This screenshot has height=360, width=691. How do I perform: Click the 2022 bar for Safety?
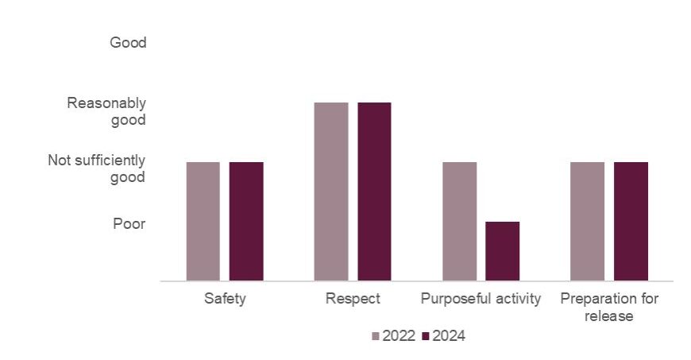(203, 221)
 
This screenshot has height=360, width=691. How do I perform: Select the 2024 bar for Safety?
(246, 221)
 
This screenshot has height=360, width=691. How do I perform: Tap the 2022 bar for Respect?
(330, 192)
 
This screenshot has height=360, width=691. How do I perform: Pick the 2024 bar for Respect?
(374, 192)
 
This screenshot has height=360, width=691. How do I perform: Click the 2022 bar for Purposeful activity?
(459, 221)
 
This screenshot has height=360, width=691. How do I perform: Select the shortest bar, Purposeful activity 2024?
(502, 251)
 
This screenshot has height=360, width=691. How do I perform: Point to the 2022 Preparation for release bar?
(587, 221)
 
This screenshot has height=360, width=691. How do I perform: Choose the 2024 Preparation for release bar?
(631, 221)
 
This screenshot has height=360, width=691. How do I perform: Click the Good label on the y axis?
(128, 43)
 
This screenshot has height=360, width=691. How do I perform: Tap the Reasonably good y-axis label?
(106, 111)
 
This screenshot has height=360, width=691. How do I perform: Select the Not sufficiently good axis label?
(97, 169)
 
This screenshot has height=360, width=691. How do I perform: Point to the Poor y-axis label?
(129, 224)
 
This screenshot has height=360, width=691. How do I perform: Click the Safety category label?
(225, 300)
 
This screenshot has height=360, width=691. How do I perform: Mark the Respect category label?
(353, 300)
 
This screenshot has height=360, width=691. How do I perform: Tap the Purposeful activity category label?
(481, 300)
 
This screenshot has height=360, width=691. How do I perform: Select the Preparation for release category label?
(609, 308)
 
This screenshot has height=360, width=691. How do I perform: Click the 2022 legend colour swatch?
(376, 337)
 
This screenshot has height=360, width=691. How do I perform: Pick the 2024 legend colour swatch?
(425, 337)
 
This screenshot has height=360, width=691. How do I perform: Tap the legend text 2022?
(399, 336)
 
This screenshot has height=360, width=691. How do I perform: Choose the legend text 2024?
(449, 336)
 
